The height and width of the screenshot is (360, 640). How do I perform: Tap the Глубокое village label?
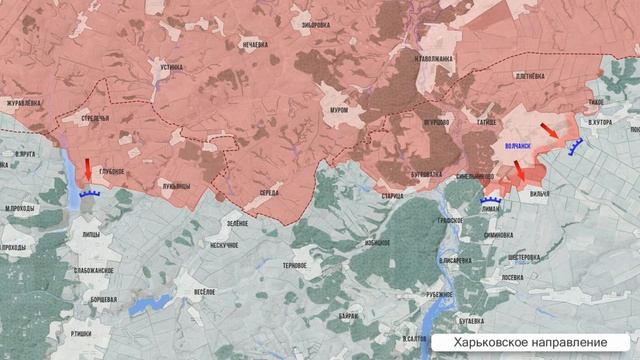112,171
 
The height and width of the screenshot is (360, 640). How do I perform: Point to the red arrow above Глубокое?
88,166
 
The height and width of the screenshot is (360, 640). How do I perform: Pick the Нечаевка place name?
255,44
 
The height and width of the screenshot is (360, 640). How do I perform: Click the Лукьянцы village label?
175,184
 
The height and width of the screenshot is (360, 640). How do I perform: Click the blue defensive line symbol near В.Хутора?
577,150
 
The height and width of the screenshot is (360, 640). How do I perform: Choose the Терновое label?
295,265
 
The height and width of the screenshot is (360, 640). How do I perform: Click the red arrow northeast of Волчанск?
550,131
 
